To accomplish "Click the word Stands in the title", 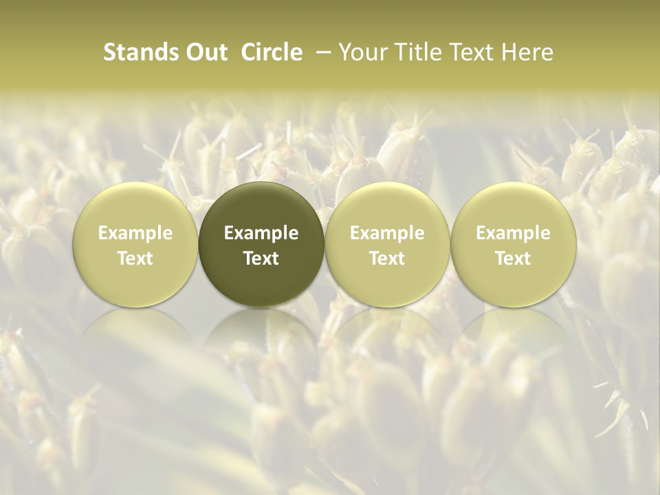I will pyautogui.click(x=137, y=52).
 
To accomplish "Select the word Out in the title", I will pyautogui.click(x=204, y=52).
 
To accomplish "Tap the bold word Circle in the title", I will pyautogui.click(x=272, y=52).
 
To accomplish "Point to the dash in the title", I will pyautogui.click(x=320, y=52).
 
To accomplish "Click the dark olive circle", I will pyautogui.click(x=261, y=244).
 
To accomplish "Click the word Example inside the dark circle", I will pyautogui.click(x=261, y=233).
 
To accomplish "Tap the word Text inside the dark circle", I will pyautogui.click(x=261, y=258).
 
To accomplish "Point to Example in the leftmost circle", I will pyautogui.click(x=135, y=233).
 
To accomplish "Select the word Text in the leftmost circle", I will pyautogui.click(x=135, y=258).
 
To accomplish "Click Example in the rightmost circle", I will pyautogui.click(x=513, y=233).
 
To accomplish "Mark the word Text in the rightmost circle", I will pyautogui.click(x=513, y=258).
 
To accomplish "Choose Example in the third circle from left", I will pyautogui.click(x=387, y=233).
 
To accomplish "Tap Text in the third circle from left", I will pyautogui.click(x=387, y=258).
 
